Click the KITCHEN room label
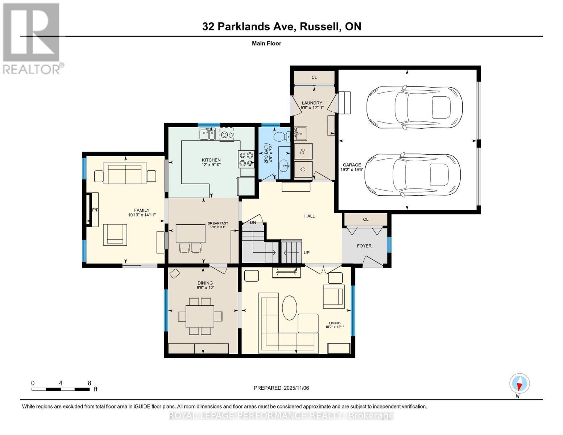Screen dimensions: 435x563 pos(211,160)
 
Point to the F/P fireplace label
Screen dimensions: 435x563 pos(95,210)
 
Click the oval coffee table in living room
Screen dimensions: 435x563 pos(289,308)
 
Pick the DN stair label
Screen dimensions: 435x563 pos(253,222)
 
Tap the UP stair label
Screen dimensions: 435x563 pos(306,253)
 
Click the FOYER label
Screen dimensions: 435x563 pos(364,246)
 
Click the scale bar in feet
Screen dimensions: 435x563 pos(61,389)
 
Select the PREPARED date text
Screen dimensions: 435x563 pos(281,388)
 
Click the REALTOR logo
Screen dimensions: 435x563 pos(32,38)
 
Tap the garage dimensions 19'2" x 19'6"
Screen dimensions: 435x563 pos(351,169)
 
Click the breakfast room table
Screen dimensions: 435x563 pos(190,233)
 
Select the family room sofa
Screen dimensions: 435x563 pos(125,173)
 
